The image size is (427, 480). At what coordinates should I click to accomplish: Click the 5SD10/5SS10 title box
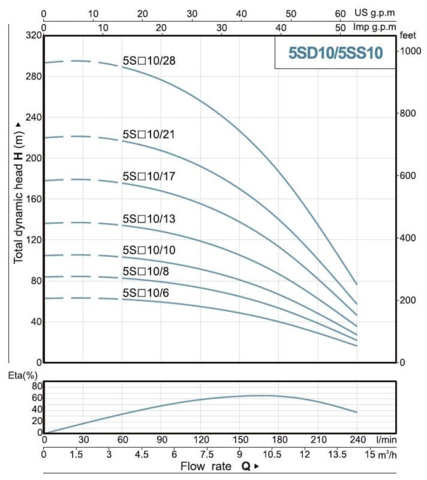click(335, 53)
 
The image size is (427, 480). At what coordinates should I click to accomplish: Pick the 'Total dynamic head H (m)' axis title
click(18, 192)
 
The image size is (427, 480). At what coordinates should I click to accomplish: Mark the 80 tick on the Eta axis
click(37, 386)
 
